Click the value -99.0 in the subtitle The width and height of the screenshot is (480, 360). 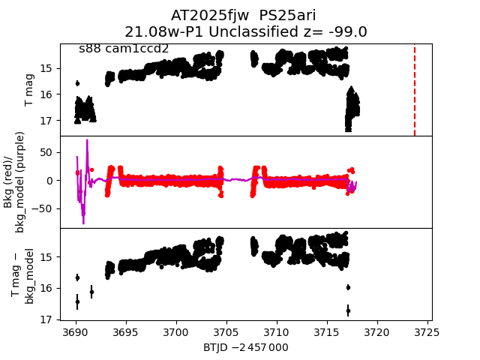[344, 31]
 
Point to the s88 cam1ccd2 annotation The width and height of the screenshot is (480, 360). [124, 49]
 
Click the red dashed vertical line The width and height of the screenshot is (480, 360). [415, 90]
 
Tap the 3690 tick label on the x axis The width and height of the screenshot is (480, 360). [76, 332]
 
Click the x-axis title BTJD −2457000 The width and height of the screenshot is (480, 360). [245, 347]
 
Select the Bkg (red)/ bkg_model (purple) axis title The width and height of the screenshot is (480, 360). [15, 181]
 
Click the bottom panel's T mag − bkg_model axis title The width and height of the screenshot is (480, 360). [22, 274]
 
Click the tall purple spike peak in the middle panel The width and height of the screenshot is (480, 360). [87, 140]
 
